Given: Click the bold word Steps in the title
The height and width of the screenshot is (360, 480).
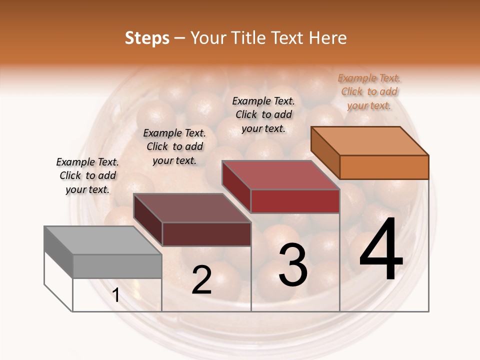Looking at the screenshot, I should [147, 38].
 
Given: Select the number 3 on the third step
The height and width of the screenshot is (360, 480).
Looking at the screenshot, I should [293, 266].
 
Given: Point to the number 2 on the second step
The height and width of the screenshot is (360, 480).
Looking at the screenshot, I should [201, 280].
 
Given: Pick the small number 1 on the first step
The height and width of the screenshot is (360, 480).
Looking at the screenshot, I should [116, 295].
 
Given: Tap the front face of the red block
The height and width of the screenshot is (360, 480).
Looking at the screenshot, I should [295, 201].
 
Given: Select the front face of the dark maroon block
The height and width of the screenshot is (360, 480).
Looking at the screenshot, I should [206, 234].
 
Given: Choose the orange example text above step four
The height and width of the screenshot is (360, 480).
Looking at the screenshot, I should [369, 92].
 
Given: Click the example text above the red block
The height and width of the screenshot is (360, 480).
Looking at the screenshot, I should [263, 114].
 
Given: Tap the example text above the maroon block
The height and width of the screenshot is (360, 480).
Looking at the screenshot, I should [174, 146].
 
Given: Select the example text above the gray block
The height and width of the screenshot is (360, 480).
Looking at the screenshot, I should [87, 175].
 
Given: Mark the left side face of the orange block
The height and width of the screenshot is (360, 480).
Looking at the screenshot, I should [325, 152].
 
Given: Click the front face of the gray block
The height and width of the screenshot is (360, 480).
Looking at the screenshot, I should [117, 266].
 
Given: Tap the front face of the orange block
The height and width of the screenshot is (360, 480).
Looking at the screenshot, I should [384, 167].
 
